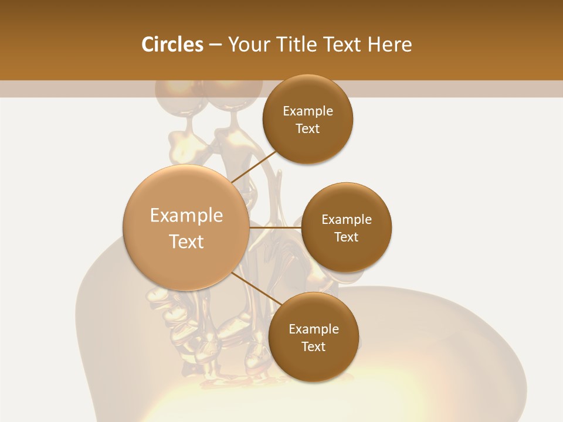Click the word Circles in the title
pos(172,45)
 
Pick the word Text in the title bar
pos(342,45)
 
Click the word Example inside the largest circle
pos(186,216)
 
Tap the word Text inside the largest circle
pos(186,241)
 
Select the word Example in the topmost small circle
pos(308,111)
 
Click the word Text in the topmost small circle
pos(308,129)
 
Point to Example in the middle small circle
pos(347,220)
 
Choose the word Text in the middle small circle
pos(347,237)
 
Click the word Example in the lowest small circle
pos(314,329)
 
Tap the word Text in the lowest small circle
pos(314,347)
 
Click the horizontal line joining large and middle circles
pos(276,227)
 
